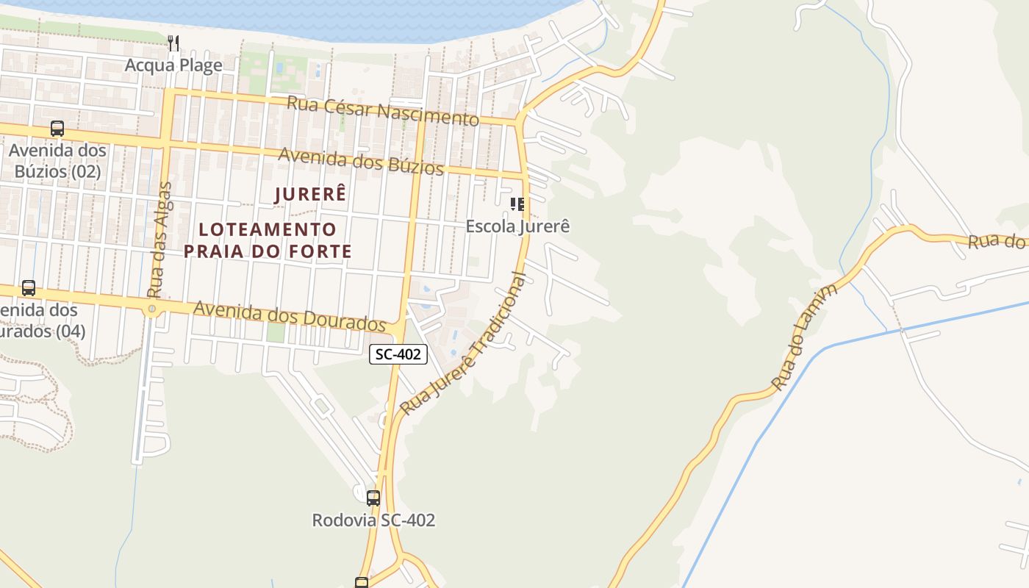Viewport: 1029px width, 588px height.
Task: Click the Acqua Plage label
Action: point(173,65)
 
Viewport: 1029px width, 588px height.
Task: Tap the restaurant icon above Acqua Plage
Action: point(173,43)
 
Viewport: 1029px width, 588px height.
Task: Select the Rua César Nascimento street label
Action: point(382,111)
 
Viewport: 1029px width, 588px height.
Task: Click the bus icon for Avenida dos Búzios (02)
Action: point(57,129)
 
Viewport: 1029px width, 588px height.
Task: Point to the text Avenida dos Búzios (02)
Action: point(57,161)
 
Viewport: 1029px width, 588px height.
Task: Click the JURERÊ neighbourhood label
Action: point(309,195)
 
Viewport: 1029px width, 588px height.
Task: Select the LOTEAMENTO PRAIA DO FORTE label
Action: point(268,240)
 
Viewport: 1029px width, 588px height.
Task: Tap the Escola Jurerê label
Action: point(517,226)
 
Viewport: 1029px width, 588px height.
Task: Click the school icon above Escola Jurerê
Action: point(517,204)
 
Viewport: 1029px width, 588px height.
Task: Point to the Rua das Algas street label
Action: point(159,240)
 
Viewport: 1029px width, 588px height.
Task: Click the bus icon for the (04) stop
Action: point(29,288)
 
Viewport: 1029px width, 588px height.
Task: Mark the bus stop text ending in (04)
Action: point(40,320)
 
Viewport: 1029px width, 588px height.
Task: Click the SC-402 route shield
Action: point(398,354)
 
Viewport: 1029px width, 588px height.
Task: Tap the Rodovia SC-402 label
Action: point(373,520)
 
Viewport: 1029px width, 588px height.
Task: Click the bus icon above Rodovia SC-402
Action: point(373,498)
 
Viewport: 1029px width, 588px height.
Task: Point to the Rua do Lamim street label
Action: point(805,337)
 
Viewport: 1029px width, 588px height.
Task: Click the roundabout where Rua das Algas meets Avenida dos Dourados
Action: point(152,309)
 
